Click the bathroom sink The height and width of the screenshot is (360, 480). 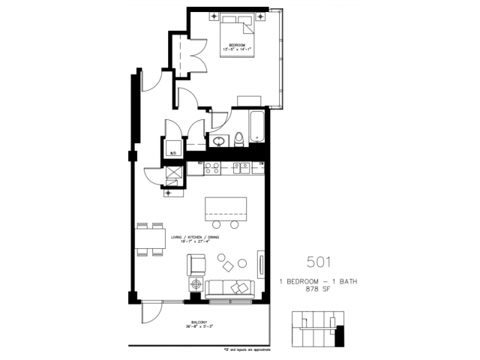point(220,140)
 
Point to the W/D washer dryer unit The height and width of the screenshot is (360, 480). point(172,146)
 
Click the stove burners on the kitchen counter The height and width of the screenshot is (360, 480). point(211,168)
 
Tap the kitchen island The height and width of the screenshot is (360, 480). point(226,207)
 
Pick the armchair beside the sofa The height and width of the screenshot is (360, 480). point(196,264)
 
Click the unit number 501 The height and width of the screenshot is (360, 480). point(316,262)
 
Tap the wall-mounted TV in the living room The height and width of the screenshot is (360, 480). point(261,265)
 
